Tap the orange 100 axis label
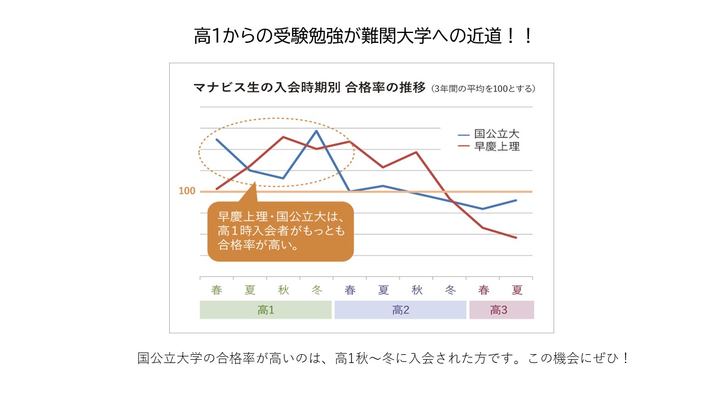[x=187, y=191]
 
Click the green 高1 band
[x=266, y=310]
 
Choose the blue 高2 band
[x=400, y=310]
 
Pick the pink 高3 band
[x=501, y=310]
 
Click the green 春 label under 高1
[x=216, y=290]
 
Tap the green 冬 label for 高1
[x=316, y=290]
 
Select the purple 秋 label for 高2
[x=417, y=290]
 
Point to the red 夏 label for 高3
[x=517, y=290]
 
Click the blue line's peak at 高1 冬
[x=316, y=130]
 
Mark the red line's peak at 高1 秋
[x=283, y=137]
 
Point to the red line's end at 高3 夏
[x=517, y=238]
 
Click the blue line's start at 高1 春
[x=216, y=139]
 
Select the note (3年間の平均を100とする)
[x=483, y=88]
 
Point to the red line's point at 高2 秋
[x=416, y=152]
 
